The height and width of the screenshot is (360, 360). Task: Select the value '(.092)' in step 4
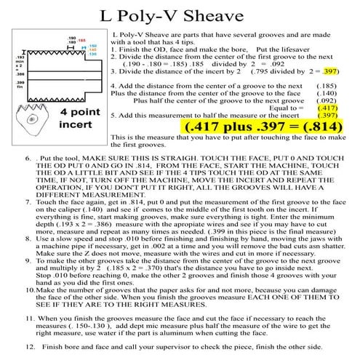click(x=324, y=100)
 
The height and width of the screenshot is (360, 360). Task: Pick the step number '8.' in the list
click(x=28, y=236)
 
